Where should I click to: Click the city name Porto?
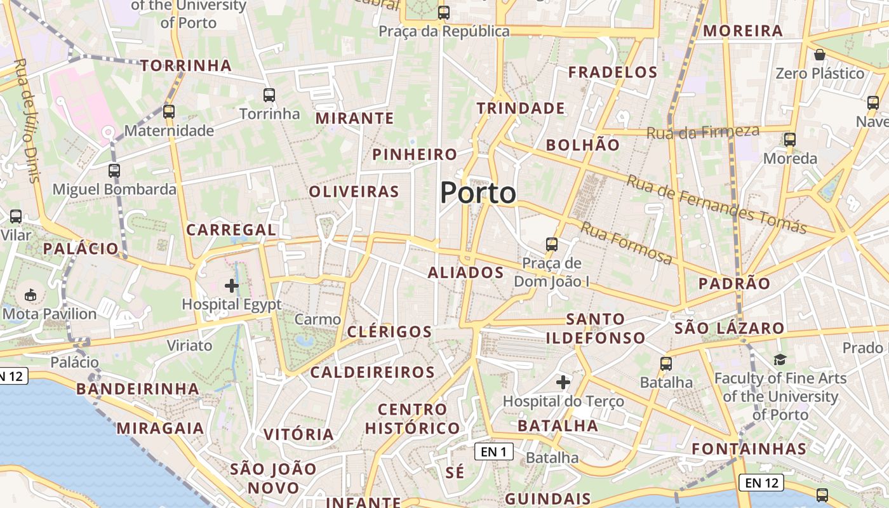pos(478,192)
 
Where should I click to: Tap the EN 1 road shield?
pos(493,451)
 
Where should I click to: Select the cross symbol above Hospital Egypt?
pos(232,286)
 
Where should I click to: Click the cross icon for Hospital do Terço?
pos(563,382)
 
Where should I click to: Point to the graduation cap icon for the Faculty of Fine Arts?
pos(780,360)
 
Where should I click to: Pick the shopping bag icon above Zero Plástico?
pos(820,55)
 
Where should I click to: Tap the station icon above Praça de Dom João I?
pos(552,244)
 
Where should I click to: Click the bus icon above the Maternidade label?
pos(169,112)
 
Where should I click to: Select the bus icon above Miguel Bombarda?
pos(114,171)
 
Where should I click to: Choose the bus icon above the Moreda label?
pos(790,140)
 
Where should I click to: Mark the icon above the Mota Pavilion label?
pos(30,295)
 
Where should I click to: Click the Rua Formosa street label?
pos(626,243)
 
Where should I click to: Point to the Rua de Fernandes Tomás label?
pos(716,203)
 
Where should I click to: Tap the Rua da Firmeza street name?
pos(703,132)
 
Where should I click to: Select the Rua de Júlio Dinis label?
pos(27,120)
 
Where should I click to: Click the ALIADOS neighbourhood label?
pos(465,273)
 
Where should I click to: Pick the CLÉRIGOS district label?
pos(389,331)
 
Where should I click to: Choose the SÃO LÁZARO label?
pos(729,328)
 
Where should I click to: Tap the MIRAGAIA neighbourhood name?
pos(160,428)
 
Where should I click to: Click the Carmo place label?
pos(317,319)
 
